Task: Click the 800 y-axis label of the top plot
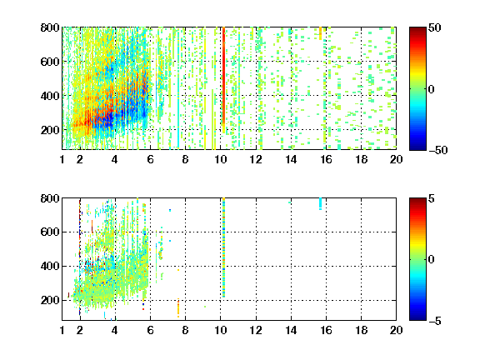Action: coord(50,27)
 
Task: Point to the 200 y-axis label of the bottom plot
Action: coord(50,300)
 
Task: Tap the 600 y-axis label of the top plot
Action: coord(50,62)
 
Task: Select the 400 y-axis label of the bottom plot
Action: coord(50,266)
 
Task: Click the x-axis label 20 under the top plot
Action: coord(396,159)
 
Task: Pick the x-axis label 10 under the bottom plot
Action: coord(220,330)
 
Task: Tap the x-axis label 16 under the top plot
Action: coord(326,159)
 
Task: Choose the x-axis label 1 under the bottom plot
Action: coord(62,330)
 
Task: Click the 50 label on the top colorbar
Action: coord(434,27)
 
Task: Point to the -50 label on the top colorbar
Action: coord(438,150)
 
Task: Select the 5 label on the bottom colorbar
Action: coord(432,198)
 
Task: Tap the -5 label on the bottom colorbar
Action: coord(435,321)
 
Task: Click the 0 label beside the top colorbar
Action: coord(432,89)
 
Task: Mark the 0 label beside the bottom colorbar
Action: coord(432,260)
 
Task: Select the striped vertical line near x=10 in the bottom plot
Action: coord(224,247)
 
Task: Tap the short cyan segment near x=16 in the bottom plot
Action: coord(321,203)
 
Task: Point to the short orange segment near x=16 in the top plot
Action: coord(321,33)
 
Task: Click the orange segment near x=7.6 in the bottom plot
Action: coord(178,307)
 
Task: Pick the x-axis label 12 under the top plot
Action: coord(256,159)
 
